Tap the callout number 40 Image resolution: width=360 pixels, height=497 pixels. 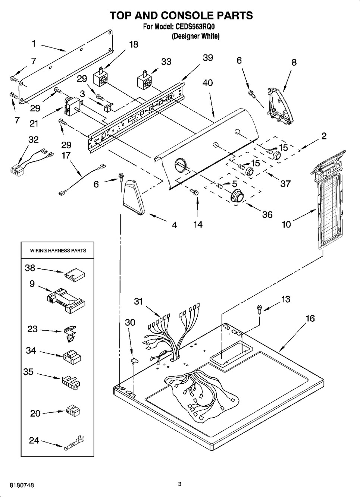point(207,82)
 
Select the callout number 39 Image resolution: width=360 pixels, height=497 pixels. point(208,57)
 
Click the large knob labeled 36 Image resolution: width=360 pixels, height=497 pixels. point(237,196)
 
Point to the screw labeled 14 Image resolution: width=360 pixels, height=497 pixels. point(194,192)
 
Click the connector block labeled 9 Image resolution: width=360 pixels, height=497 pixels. point(66,298)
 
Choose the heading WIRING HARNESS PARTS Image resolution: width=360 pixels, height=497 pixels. point(58,251)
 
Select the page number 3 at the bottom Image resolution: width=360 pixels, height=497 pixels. point(179,484)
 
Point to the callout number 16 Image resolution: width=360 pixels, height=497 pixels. point(310,318)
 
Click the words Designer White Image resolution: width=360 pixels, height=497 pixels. point(195,36)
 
